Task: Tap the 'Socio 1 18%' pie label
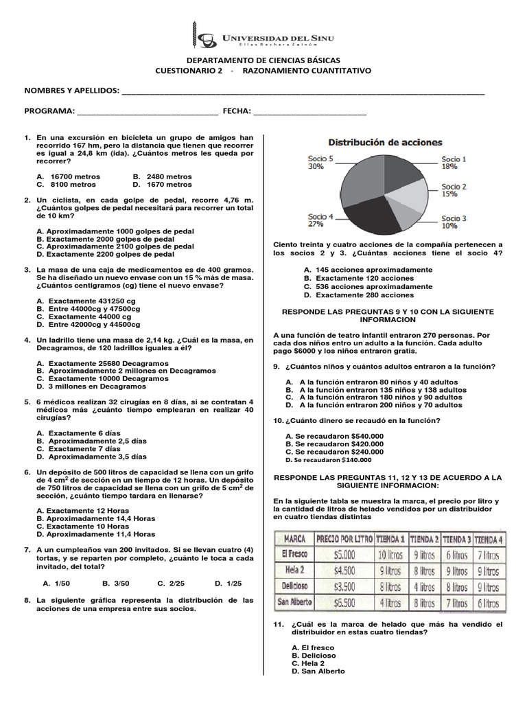[x=454, y=162]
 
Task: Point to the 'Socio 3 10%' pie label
[x=454, y=222]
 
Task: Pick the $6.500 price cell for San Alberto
[x=344, y=602]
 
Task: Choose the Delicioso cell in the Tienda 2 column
[x=423, y=586]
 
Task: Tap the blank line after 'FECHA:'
[x=309, y=111]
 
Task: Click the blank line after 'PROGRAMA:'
[x=148, y=111]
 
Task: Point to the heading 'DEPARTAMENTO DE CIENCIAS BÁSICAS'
[x=263, y=60]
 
